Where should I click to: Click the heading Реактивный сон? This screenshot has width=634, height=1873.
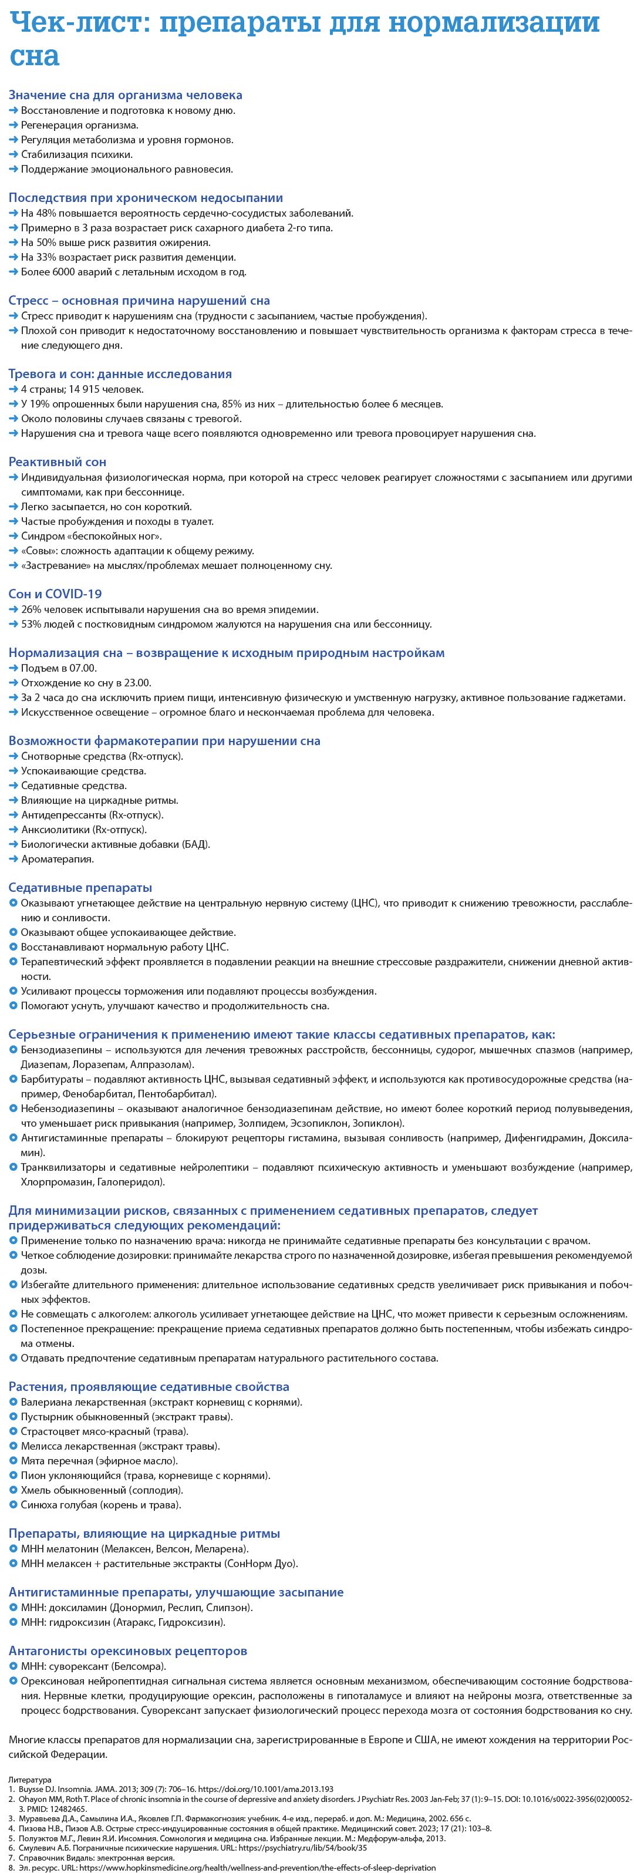[58, 461]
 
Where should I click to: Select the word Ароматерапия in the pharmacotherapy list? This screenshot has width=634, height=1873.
[58, 858]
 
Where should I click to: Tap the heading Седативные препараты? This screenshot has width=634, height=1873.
[80, 888]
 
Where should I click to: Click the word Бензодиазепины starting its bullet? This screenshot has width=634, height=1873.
[57, 1050]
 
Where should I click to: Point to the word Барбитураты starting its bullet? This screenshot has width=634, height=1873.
[52, 1079]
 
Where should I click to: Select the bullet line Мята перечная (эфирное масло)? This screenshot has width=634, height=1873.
[99, 1461]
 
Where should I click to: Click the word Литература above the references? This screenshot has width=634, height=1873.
[30, 1779]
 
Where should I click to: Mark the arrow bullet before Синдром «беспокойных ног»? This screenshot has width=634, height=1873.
[13, 537]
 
